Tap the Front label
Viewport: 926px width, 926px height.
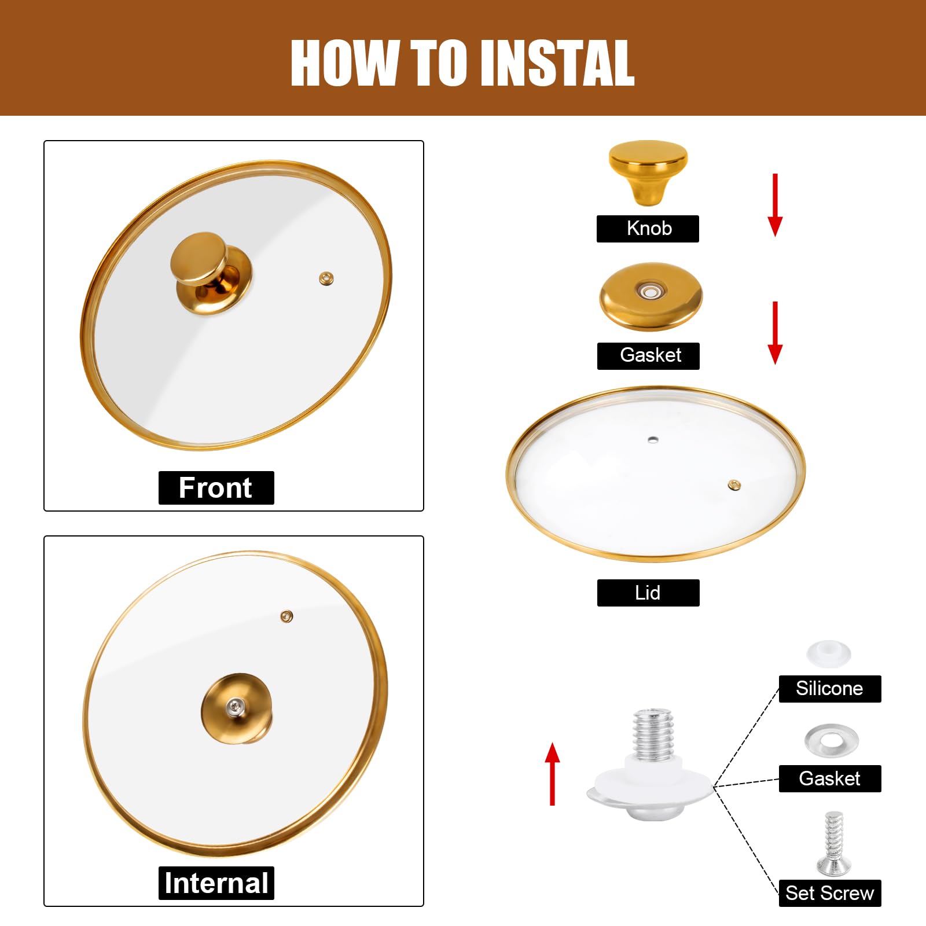coord(216,488)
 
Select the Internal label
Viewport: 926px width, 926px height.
coord(216,883)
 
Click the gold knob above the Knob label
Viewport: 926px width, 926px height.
coord(648,170)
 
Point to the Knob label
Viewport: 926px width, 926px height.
coord(648,229)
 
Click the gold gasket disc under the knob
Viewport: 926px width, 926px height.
coord(651,296)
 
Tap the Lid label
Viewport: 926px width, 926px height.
coord(648,593)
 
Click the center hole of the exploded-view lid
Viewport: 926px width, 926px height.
coord(653,440)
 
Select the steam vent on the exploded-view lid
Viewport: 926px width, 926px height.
coord(734,484)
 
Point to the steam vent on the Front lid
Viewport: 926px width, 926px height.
coord(326,279)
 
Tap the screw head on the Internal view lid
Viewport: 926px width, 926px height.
coord(234,705)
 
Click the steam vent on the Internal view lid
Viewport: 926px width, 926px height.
coord(286,616)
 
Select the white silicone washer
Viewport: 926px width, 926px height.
coord(829,653)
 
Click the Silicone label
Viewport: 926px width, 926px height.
coord(829,689)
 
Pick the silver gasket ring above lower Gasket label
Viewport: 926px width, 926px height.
coord(831,740)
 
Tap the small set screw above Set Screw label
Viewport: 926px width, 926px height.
coord(832,842)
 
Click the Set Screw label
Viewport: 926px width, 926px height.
coord(829,893)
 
